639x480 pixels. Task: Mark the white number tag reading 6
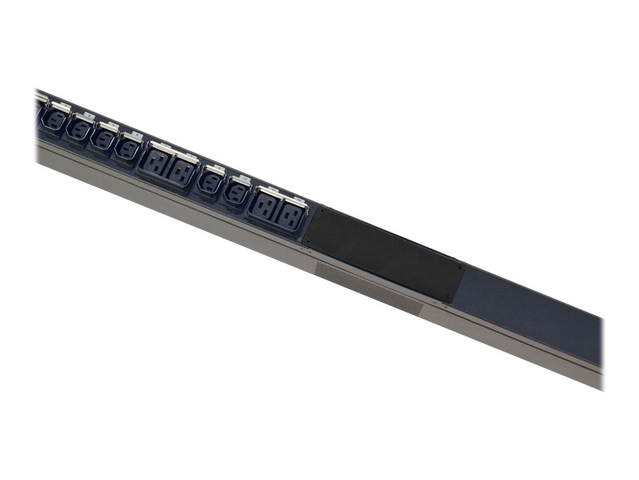pos(137,135)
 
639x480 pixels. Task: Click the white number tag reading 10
pos(245,179)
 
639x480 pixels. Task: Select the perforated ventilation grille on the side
pos(368,288)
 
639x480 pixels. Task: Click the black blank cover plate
pos(383,254)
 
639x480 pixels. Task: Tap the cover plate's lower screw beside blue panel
pos(447,297)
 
